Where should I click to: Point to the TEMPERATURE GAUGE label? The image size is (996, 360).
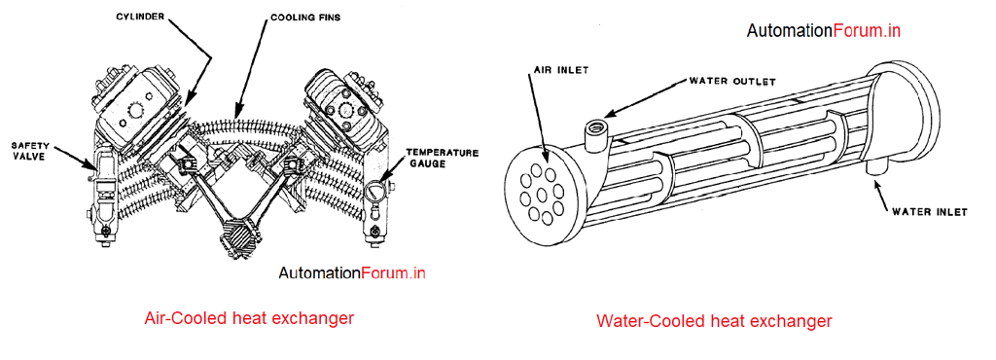(x=438, y=159)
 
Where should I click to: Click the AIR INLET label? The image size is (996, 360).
(x=556, y=72)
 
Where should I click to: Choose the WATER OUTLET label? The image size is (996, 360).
(x=732, y=81)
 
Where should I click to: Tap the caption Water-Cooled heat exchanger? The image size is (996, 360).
(x=714, y=320)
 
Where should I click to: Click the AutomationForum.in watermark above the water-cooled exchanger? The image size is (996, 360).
(x=823, y=30)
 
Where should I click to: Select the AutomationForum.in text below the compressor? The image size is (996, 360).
(x=352, y=273)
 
